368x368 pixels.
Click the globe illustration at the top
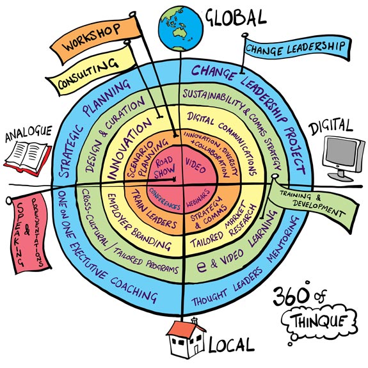coord(180,29)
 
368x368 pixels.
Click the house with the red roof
coord(186,339)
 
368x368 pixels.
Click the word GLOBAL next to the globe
coord(236,18)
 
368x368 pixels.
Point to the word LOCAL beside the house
coord(231,345)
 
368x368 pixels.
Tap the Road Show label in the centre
coord(164,167)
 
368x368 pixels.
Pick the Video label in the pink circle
coord(195,165)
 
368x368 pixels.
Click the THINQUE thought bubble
coord(319,321)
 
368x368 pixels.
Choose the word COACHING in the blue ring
coord(134,291)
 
